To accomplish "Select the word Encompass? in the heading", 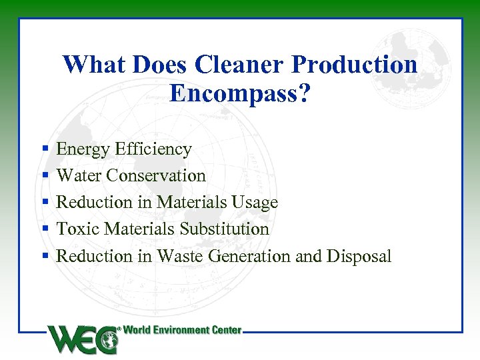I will tap(240, 93).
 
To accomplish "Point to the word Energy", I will tap(83, 149).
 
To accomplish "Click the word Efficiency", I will tap(153, 149).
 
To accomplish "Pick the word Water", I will tap(80, 176).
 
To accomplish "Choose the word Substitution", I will tap(225, 229).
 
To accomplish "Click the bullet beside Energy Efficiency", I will tap(45, 149).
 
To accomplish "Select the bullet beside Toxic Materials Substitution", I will tap(45, 229).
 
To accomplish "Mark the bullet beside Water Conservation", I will tap(45, 176).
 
